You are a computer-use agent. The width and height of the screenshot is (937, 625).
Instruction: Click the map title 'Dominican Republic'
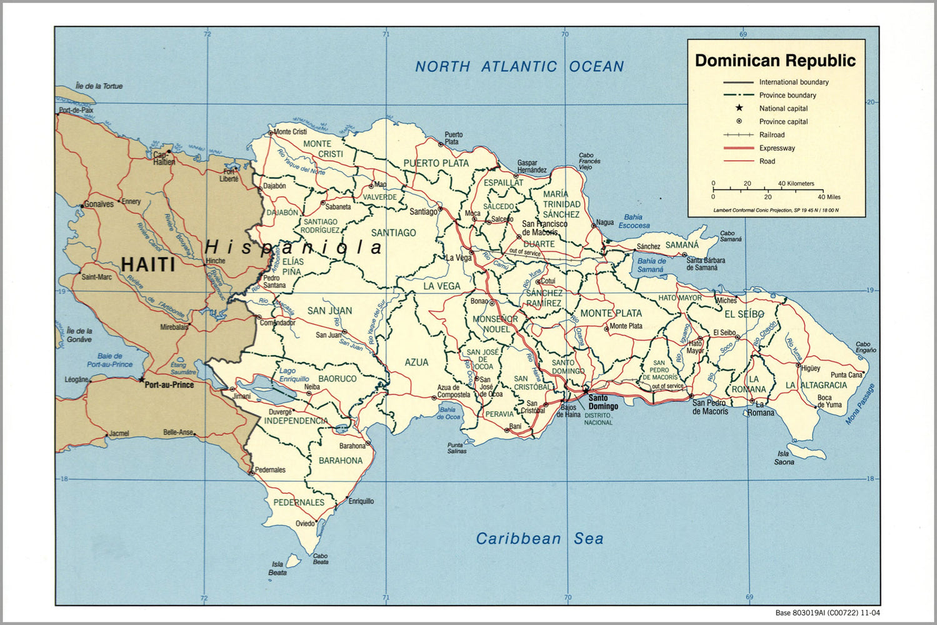(775, 61)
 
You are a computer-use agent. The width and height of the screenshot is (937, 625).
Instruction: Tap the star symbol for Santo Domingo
(586, 390)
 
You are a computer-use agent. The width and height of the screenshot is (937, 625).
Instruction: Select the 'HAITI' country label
(148, 264)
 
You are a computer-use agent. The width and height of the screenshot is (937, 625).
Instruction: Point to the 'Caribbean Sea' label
(539, 539)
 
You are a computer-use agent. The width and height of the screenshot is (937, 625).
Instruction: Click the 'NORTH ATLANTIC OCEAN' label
(519, 66)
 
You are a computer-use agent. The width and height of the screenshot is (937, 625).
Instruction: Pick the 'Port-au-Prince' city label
(169, 385)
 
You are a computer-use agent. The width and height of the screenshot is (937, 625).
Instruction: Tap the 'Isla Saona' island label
(784, 457)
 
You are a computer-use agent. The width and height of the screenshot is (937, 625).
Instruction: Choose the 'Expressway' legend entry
(777, 148)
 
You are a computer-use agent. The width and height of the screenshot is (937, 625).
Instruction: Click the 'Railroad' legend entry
(771, 135)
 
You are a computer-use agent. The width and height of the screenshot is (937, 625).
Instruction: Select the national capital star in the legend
(739, 108)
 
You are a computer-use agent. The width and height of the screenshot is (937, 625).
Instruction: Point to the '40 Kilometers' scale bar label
(796, 184)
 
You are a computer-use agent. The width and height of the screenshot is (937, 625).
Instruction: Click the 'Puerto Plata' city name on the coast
(454, 138)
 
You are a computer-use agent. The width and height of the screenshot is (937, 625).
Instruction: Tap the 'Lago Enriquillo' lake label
(294, 375)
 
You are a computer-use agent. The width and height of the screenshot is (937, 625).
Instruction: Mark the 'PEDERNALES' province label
(299, 502)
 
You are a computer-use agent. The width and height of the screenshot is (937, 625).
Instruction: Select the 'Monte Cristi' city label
(290, 132)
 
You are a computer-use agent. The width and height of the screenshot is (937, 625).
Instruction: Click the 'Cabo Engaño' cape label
(865, 347)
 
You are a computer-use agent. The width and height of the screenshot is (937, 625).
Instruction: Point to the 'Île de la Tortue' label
(99, 86)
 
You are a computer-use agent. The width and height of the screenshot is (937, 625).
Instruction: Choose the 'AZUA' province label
(416, 362)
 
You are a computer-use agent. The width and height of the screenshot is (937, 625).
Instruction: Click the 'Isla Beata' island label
(278, 568)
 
